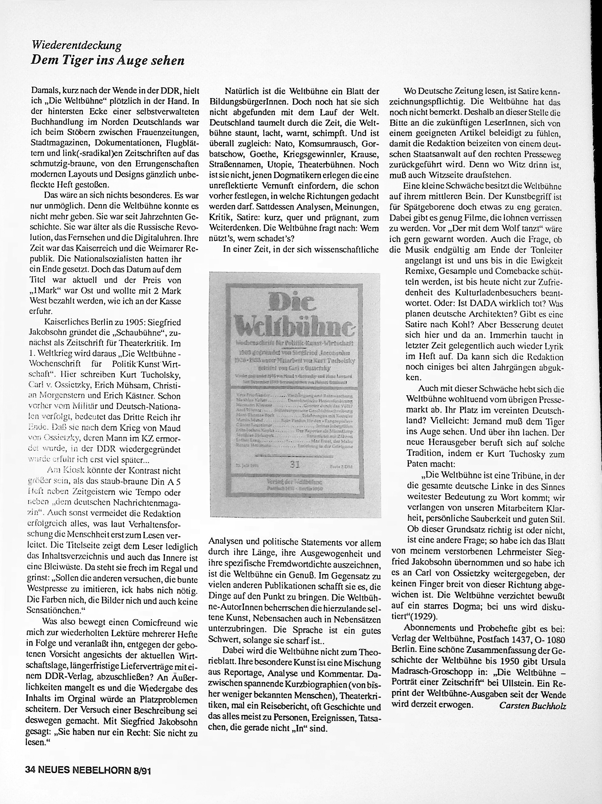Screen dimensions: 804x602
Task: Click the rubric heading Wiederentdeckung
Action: (x=76, y=46)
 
